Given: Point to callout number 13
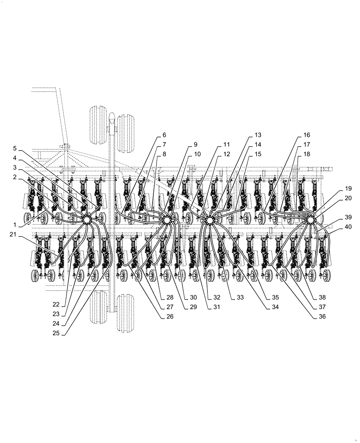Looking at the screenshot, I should [258, 134].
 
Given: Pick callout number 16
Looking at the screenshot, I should [307, 134].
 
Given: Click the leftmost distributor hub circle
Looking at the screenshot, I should [86, 219].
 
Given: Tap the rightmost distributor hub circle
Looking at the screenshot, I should [310, 219].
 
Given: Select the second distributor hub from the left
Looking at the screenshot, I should [167, 220].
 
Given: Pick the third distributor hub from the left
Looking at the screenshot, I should [209, 220].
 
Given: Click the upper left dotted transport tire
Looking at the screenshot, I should [98, 125].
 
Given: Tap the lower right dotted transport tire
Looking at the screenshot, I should [125, 311].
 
